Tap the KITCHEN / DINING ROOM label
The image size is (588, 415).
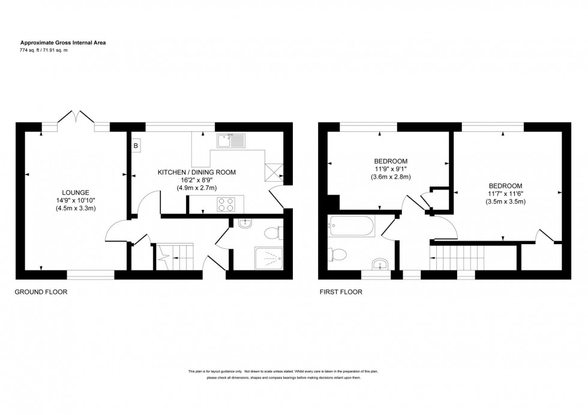click(197, 172)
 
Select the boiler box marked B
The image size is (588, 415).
click(136, 146)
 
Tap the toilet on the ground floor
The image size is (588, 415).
click(272, 232)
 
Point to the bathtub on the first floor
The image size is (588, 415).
click(352, 227)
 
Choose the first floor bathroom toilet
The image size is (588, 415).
click(336, 255)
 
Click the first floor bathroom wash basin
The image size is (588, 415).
click(379, 264)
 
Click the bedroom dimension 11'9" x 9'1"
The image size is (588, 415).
click(391, 169)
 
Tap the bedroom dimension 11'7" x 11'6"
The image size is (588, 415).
click(505, 194)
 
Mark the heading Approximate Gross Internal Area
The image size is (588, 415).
click(64, 43)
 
